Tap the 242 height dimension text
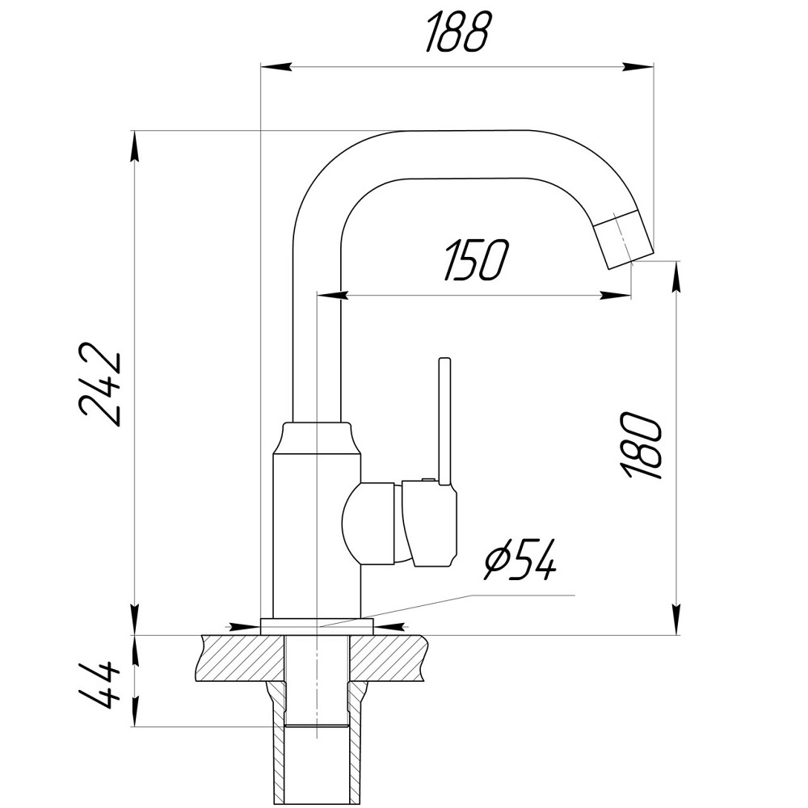coord(102,388)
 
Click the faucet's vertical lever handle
coord(444,420)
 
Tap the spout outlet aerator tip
coord(623,238)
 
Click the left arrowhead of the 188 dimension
coord(270,66)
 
